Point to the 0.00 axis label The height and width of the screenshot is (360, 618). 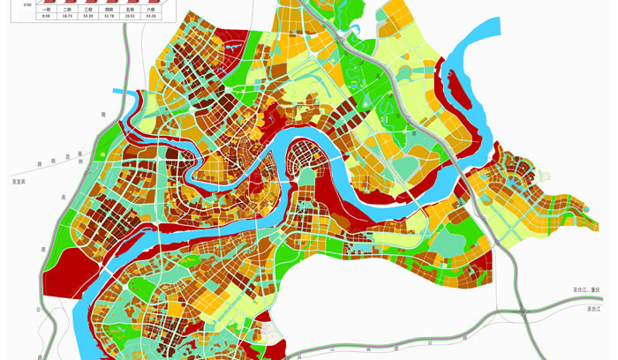coord(27,4)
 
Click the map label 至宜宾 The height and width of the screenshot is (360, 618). coord(19,182)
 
